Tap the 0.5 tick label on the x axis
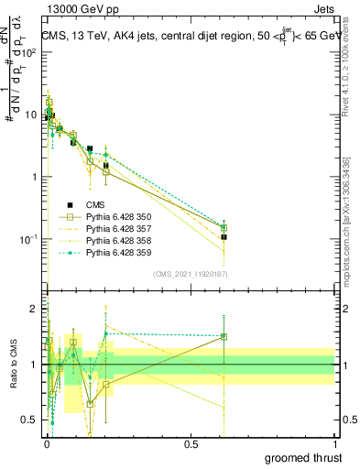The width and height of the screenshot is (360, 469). (x=191, y=443)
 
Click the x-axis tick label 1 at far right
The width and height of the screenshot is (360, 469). (x=334, y=443)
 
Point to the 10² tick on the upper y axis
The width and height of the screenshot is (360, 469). (x=31, y=51)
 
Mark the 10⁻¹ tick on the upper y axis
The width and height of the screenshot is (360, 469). (x=31, y=239)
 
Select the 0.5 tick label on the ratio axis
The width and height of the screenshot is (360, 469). (x=32, y=420)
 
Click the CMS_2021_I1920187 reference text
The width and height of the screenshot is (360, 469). (x=191, y=274)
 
